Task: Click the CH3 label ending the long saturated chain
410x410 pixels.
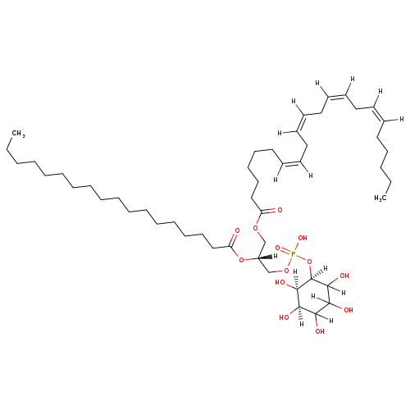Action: coord(18,134)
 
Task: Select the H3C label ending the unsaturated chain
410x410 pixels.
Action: coord(380,198)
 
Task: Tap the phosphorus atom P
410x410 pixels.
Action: coord(294,255)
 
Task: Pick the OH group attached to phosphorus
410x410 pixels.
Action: coord(303,238)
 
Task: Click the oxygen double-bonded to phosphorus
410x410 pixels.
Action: coord(278,248)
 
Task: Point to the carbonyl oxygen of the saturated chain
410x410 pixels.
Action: coord(237,230)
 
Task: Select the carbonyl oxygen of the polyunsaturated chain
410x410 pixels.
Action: coord(280,210)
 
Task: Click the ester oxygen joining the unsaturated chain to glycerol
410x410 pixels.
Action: coord(256,228)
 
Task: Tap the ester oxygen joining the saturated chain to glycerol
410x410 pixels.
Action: coord(241,259)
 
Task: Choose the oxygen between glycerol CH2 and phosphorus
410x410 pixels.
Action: coord(286,271)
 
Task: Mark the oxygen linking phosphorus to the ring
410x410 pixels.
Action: coord(309,262)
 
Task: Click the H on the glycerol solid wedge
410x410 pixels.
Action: coord(276,256)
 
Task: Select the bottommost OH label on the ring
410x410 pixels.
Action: coord(320,331)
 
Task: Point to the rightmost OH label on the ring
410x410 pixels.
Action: coord(348,310)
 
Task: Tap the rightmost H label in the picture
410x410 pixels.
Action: coord(402,119)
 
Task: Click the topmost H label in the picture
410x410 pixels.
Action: coord(353,79)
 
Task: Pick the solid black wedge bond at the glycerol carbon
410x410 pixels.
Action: coord(264,257)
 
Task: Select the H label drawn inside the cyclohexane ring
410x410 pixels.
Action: coord(313,296)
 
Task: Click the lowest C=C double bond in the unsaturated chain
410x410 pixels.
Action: coord(291,163)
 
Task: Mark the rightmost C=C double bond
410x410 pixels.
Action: coord(378,114)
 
